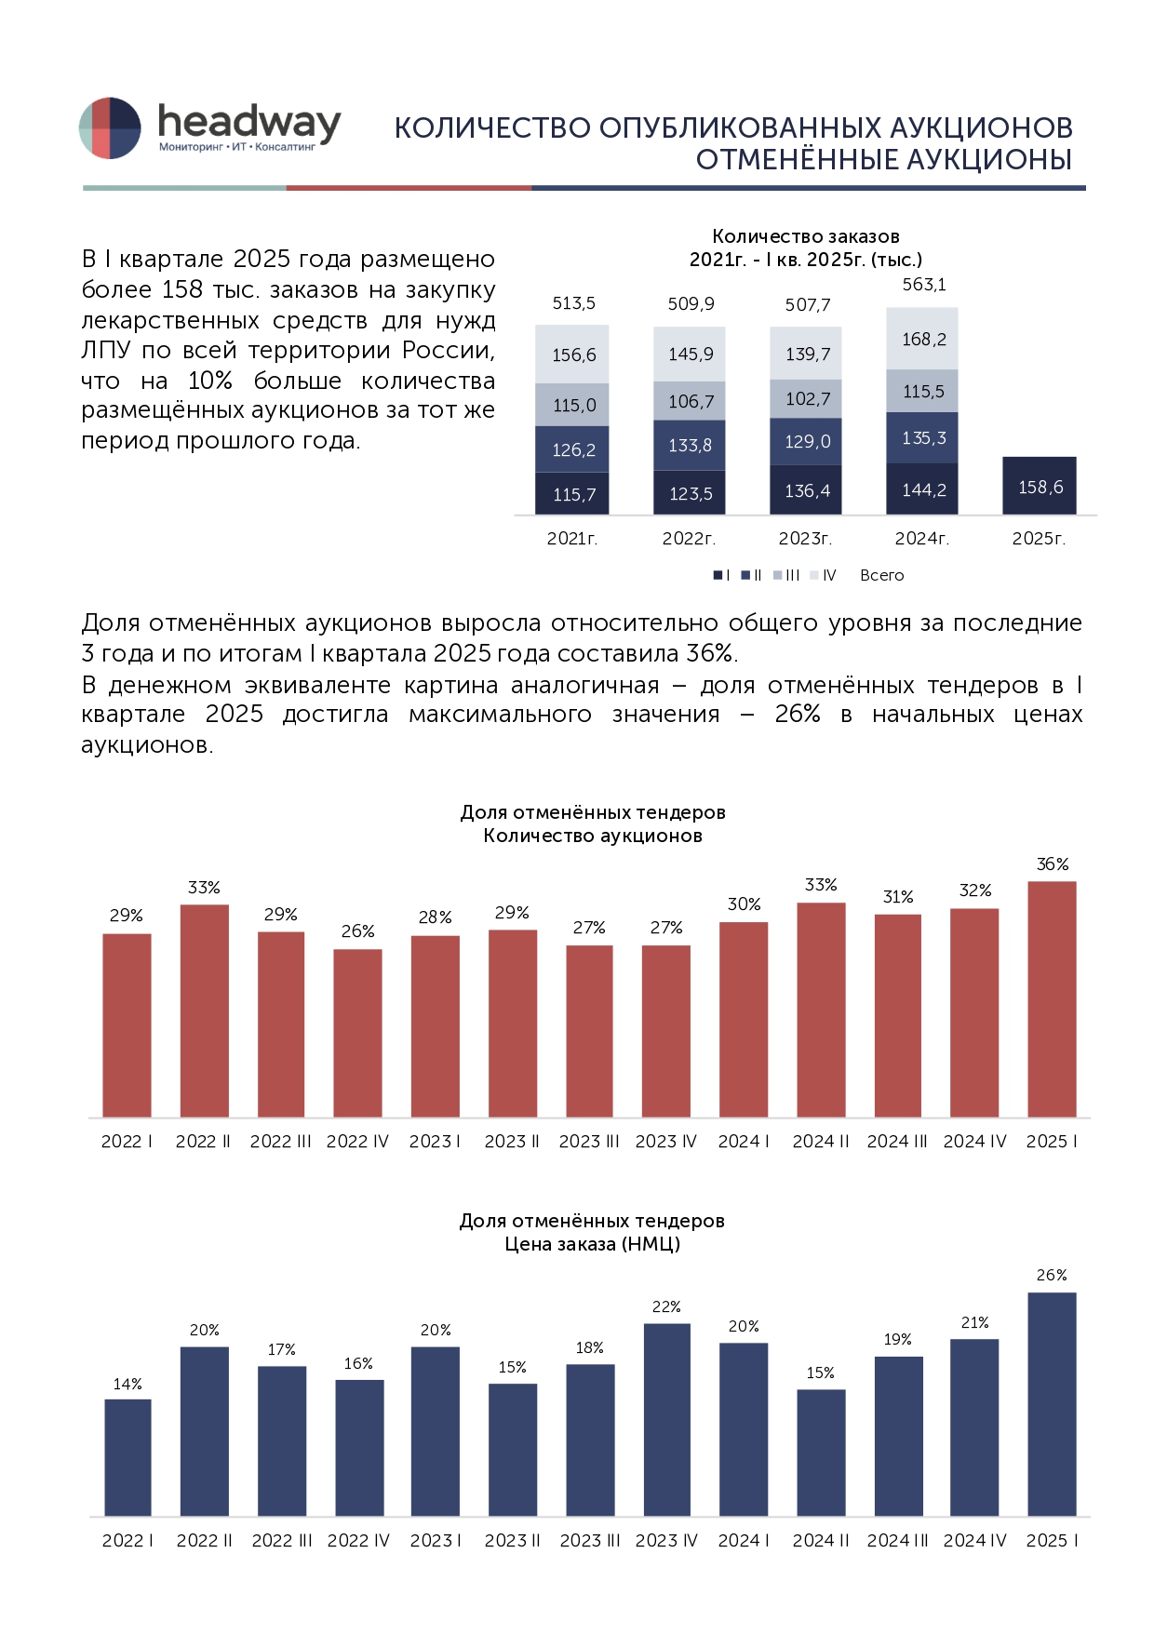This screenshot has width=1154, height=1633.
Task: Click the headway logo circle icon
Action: tap(110, 127)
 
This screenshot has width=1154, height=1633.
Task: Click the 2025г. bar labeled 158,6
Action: tap(1039, 486)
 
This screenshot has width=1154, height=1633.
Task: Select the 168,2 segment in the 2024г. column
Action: tap(922, 339)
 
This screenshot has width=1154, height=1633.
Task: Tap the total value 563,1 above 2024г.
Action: tap(923, 285)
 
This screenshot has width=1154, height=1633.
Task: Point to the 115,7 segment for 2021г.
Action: tap(572, 494)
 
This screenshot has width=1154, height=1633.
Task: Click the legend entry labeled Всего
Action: tap(881, 575)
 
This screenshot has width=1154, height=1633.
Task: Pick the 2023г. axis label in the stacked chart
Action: tap(805, 539)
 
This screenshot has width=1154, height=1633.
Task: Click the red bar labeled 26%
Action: tap(357, 1033)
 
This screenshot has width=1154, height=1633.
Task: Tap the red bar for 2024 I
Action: tap(744, 1019)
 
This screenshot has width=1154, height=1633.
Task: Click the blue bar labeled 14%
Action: tap(127, 1457)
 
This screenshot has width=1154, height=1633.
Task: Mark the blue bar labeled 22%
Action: tap(666, 1419)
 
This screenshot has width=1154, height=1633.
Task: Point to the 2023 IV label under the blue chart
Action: tap(666, 1541)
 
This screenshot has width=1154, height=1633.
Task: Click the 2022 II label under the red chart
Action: tap(203, 1142)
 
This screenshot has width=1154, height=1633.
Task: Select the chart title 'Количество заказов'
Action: tap(805, 236)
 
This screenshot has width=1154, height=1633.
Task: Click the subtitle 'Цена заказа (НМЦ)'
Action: tap(592, 1244)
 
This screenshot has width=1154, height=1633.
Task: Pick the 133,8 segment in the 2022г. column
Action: tap(690, 446)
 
